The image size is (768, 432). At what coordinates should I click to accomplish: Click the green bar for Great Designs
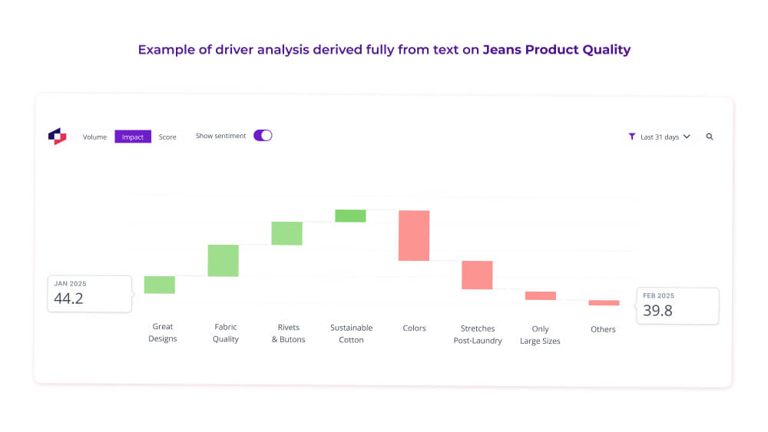click(160, 285)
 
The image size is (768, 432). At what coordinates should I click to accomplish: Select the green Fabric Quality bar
click(223, 261)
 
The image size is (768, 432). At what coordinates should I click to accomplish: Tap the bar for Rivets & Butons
click(286, 233)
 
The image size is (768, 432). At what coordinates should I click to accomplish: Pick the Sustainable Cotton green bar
click(350, 216)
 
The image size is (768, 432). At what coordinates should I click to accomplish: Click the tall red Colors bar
click(414, 236)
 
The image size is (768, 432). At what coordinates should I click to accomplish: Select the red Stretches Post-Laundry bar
click(477, 275)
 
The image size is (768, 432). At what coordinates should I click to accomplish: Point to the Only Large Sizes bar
click(541, 295)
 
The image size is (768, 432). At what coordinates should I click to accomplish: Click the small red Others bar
click(604, 303)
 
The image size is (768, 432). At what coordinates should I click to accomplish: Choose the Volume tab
click(95, 137)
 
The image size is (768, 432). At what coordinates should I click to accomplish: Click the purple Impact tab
click(133, 137)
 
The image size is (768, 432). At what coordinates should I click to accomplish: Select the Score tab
click(167, 137)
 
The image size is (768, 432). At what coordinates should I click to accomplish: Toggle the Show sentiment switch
click(263, 136)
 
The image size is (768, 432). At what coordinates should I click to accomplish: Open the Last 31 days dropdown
click(660, 137)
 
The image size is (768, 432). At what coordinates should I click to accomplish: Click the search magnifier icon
click(710, 137)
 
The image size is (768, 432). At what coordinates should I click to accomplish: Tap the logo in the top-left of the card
click(58, 136)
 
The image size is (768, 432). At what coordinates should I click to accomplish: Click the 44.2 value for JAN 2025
click(68, 298)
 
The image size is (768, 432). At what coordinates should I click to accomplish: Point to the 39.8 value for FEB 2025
click(658, 310)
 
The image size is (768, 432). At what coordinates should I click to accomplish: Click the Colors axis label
click(414, 328)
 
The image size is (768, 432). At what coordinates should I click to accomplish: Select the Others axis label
click(603, 329)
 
